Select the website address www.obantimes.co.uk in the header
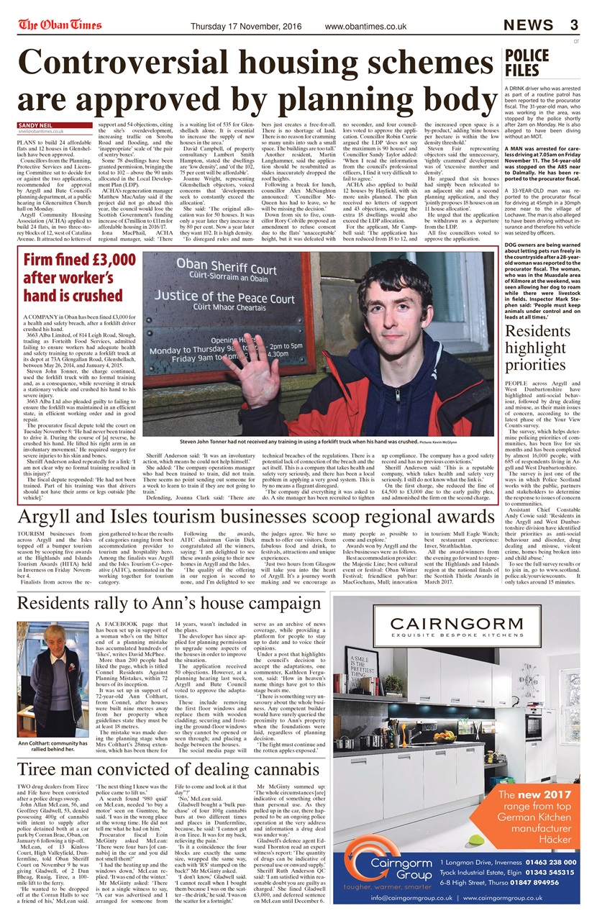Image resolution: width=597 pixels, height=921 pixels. click(x=365, y=27)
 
